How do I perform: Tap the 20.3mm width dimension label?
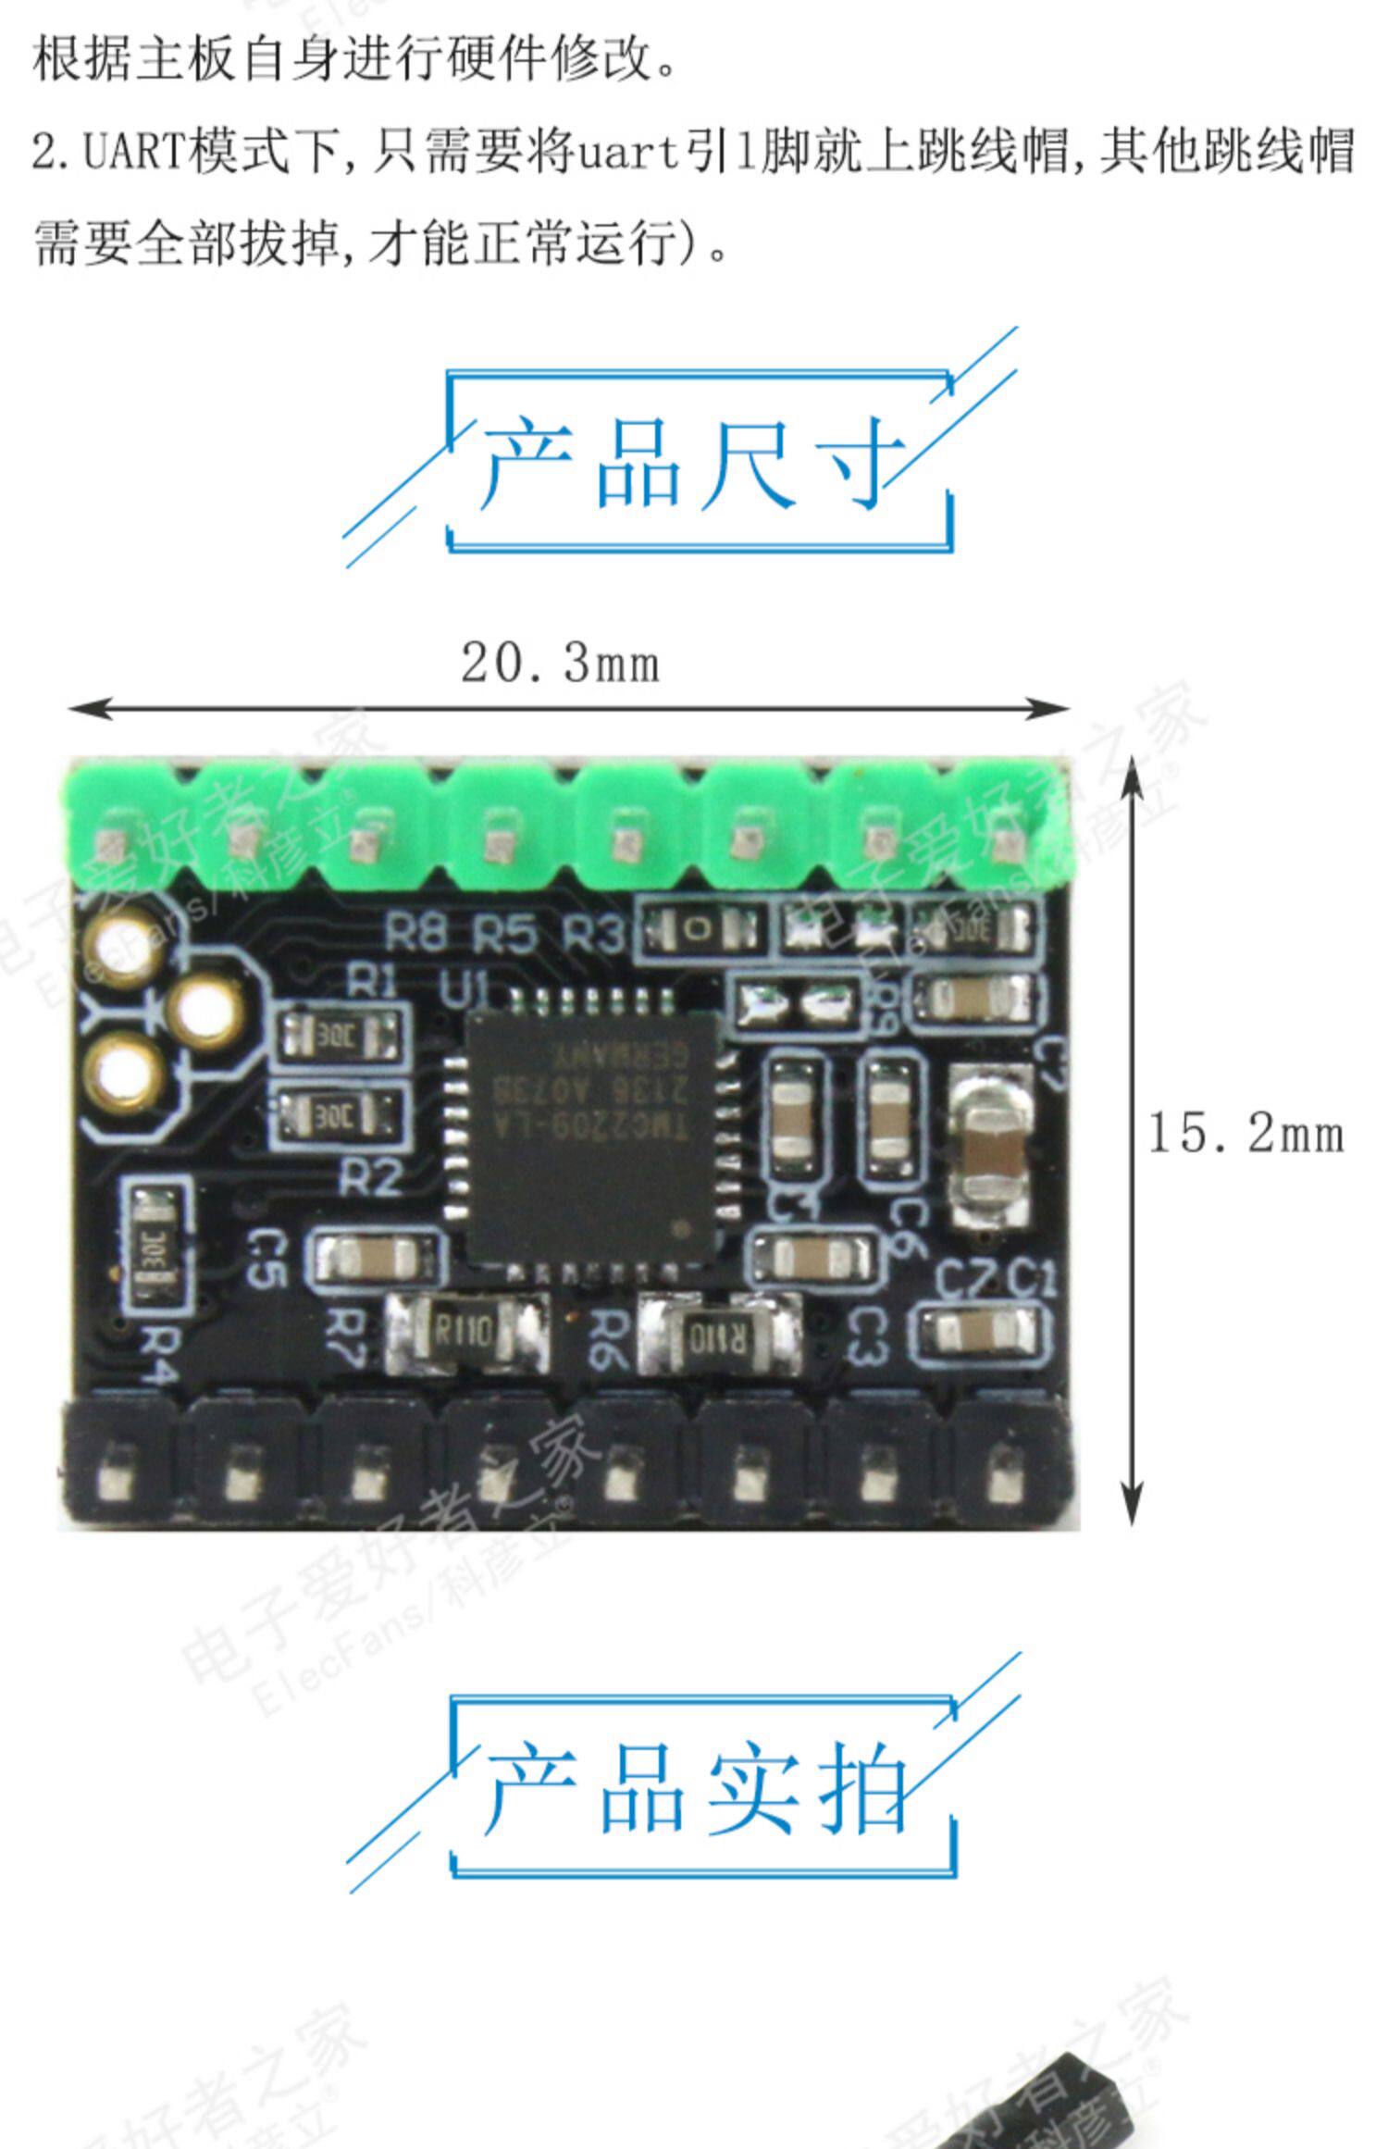point(561,665)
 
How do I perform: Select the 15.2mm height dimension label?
point(1245,1133)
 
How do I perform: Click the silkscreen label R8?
point(415,934)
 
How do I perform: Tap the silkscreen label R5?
point(504,936)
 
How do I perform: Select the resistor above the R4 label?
point(155,1245)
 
